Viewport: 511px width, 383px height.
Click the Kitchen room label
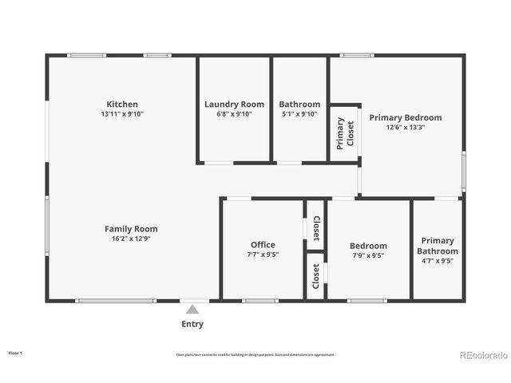(122, 105)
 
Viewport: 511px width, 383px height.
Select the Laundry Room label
(234, 105)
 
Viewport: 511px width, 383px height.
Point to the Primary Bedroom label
(405, 117)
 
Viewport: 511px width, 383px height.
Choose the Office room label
(263, 245)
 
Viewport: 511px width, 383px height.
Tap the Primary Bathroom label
(438, 246)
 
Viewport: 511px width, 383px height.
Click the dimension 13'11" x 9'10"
(122, 114)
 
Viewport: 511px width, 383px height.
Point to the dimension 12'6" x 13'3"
(405, 127)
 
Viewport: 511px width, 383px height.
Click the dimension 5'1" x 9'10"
(299, 114)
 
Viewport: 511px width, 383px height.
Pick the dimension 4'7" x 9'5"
(438, 260)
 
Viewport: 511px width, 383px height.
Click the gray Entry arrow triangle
(192, 310)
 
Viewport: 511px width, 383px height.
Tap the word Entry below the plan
(192, 324)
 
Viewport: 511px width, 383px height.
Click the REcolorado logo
(482, 354)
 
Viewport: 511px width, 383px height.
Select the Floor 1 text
(16, 352)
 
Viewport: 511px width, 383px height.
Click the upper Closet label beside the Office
(316, 228)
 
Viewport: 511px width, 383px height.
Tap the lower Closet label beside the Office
(316, 276)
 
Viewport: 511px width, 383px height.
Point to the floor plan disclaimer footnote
(255, 354)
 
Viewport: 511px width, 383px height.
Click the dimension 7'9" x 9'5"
(368, 255)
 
